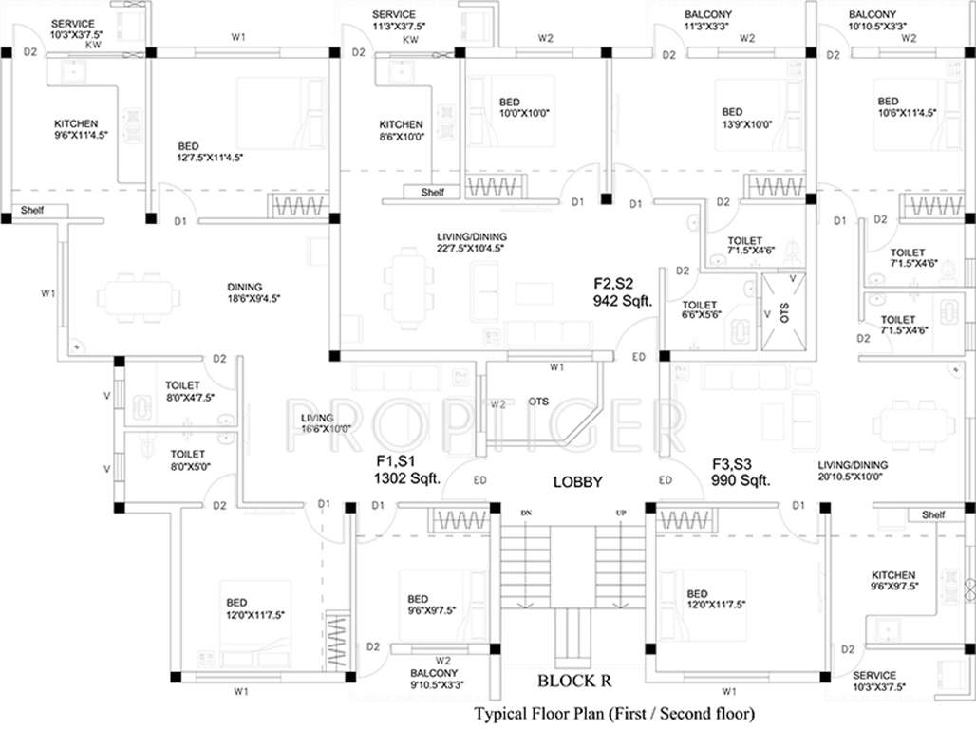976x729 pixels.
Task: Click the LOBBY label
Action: (x=577, y=482)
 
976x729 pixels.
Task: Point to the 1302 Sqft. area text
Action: (x=407, y=479)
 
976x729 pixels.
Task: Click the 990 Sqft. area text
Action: (x=741, y=480)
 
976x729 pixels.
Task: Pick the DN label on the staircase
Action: (x=526, y=513)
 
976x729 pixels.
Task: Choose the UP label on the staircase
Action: (x=621, y=513)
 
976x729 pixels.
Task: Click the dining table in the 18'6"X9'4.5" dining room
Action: (x=138, y=297)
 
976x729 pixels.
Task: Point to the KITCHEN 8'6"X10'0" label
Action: (x=402, y=131)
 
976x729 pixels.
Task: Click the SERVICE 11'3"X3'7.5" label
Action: (x=398, y=21)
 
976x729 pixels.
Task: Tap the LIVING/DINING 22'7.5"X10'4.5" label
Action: (x=472, y=242)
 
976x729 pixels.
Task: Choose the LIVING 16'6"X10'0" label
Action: (x=317, y=423)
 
